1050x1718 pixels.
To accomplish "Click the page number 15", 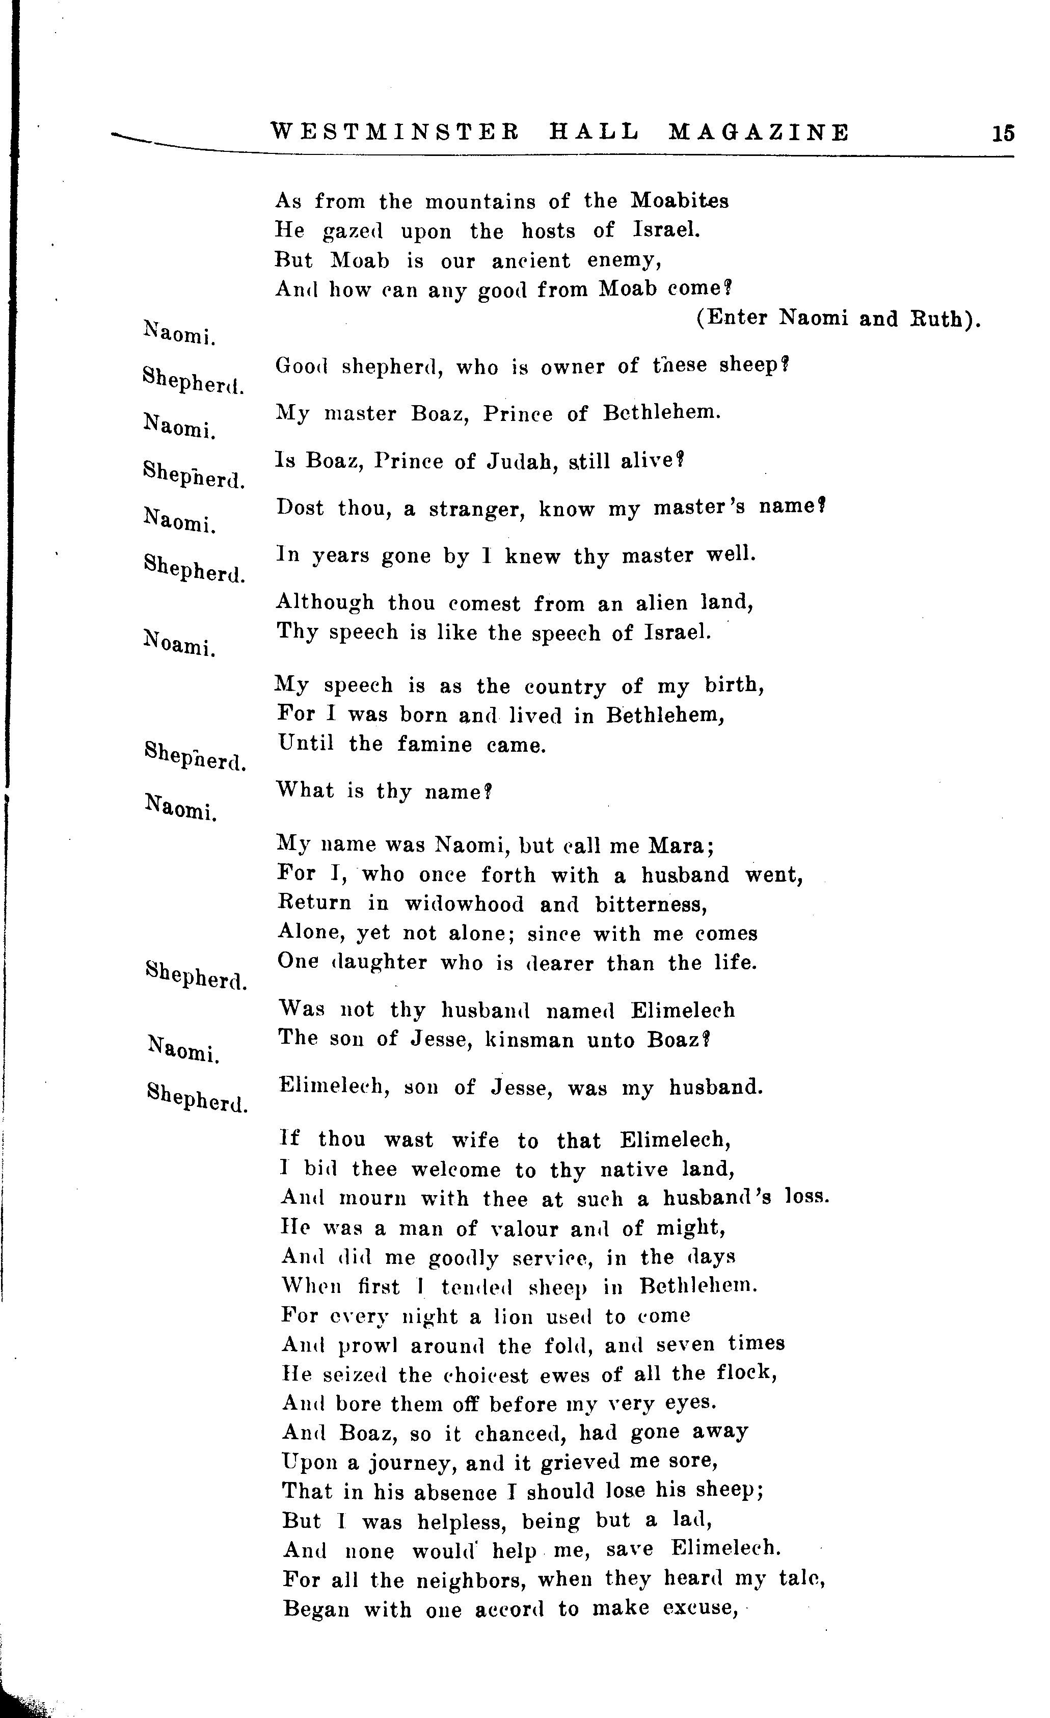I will pyautogui.click(x=1003, y=133).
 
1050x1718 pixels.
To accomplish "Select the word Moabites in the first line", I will pyautogui.click(x=680, y=201).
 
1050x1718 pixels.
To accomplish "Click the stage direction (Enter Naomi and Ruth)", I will pyautogui.click(x=838, y=318).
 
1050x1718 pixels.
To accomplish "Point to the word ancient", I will pyautogui.click(x=530, y=261).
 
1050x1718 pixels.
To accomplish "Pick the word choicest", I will pyautogui.click(x=505, y=1375).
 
